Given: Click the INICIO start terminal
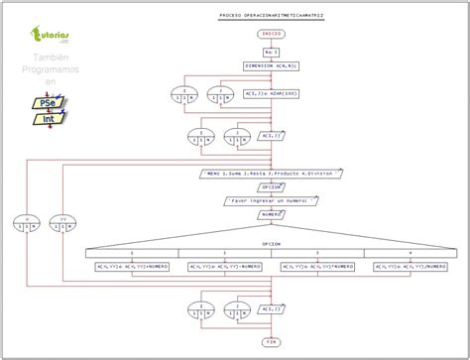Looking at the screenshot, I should click(x=272, y=33).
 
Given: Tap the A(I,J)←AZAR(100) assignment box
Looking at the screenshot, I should click(x=271, y=95).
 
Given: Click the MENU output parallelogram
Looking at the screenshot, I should click(x=271, y=171).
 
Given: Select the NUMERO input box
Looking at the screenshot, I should click(x=271, y=213).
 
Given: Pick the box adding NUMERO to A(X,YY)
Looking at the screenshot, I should click(x=131, y=266).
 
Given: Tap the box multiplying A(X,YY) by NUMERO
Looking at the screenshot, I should click(x=317, y=266).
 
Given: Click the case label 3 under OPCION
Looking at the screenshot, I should click(x=317, y=253).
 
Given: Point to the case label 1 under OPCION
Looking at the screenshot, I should click(x=131, y=253).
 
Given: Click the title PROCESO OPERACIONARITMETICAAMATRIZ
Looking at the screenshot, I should click(x=272, y=17).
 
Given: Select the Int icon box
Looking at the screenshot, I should click(x=44, y=119).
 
